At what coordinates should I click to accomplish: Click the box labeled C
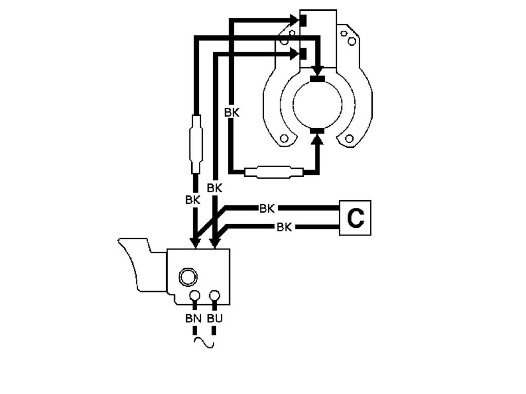point(355,219)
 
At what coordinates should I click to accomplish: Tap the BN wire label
point(193,318)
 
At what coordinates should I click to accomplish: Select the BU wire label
point(215,318)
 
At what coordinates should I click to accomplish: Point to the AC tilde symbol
point(204,343)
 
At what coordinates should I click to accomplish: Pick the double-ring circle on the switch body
point(187,277)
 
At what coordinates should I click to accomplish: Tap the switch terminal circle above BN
point(195,296)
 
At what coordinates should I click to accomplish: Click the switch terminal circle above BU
point(215,296)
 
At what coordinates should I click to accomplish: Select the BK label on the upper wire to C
point(267,208)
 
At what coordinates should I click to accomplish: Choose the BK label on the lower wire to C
point(284,227)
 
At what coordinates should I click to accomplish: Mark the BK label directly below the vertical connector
point(193,200)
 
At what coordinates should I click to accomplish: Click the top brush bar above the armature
point(318,80)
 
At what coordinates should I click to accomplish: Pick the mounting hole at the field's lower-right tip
point(350,139)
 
